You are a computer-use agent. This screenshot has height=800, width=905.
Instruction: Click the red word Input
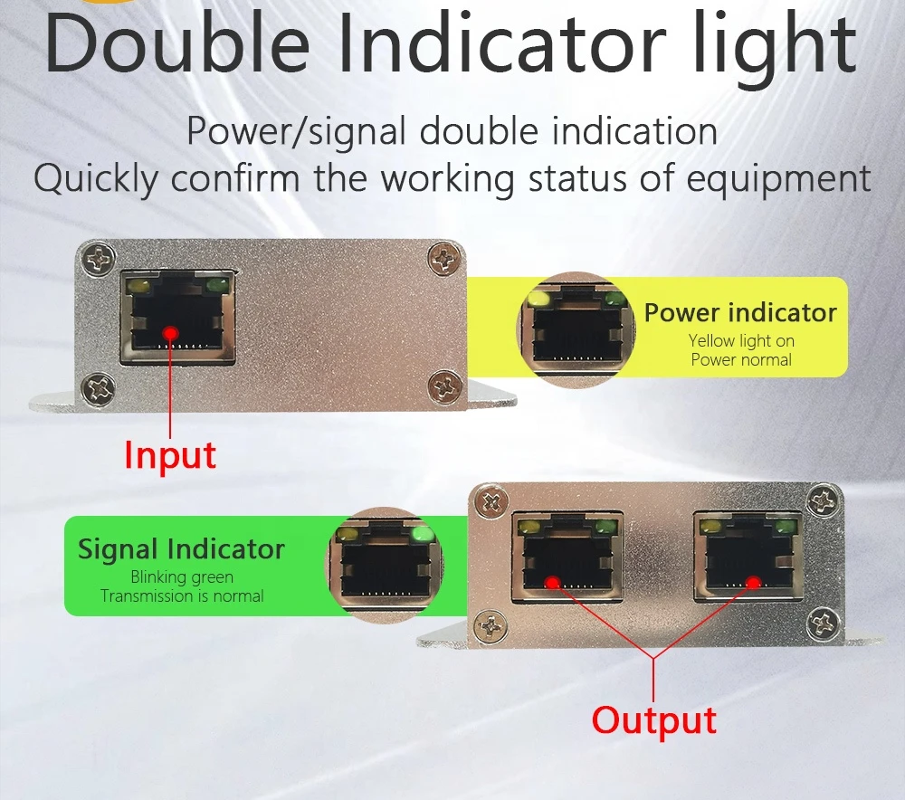tap(170, 455)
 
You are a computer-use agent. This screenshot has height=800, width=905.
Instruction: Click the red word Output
tap(654, 719)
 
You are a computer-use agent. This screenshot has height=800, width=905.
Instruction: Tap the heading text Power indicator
tap(740, 313)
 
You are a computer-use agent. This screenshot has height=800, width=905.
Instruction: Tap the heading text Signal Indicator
tap(181, 549)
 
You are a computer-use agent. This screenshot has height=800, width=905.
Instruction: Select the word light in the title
tap(776, 45)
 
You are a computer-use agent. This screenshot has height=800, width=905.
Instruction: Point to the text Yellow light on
tap(741, 341)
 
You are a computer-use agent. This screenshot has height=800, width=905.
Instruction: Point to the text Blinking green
tap(182, 577)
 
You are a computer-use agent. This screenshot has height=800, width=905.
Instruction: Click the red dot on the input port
tap(170, 334)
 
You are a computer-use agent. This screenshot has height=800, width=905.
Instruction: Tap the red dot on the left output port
tap(553, 583)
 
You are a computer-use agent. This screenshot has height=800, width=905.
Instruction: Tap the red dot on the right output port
tap(753, 583)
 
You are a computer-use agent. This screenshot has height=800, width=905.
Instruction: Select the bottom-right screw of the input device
tap(444, 386)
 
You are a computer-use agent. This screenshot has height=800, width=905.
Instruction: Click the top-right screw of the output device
tap(823, 500)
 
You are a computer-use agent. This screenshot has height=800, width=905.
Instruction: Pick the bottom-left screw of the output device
tap(491, 627)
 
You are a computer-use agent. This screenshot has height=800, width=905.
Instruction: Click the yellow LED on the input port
tap(139, 285)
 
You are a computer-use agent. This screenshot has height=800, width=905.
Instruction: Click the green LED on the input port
tap(217, 284)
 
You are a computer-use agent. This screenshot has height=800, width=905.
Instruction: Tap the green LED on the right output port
tap(786, 527)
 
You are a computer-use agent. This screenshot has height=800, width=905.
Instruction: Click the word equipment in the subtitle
tap(778, 179)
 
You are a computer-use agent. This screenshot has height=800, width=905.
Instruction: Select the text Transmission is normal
tap(182, 596)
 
